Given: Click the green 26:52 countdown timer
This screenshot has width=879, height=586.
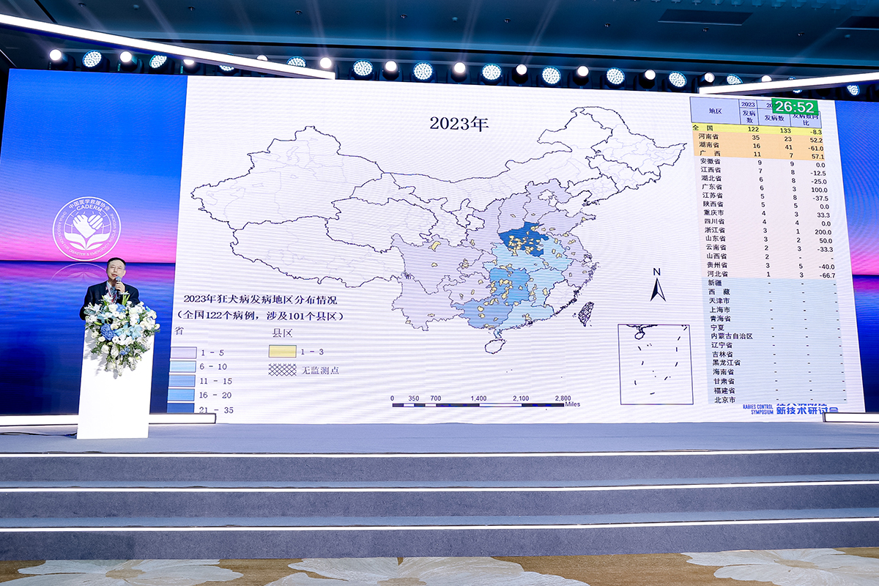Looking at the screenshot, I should (x=795, y=107).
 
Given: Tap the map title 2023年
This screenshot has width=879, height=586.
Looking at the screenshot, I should (x=459, y=123).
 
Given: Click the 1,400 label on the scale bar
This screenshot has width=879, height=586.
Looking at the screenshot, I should (x=478, y=398).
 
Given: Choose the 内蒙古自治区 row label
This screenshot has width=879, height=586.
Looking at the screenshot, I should (x=730, y=336).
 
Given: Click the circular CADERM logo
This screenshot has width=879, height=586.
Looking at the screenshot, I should (x=86, y=229).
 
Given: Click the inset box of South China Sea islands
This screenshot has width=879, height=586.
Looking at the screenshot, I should (x=655, y=364).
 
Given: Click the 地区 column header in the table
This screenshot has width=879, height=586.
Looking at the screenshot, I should (x=714, y=111).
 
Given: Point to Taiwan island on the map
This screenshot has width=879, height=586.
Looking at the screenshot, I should (x=585, y=314).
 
